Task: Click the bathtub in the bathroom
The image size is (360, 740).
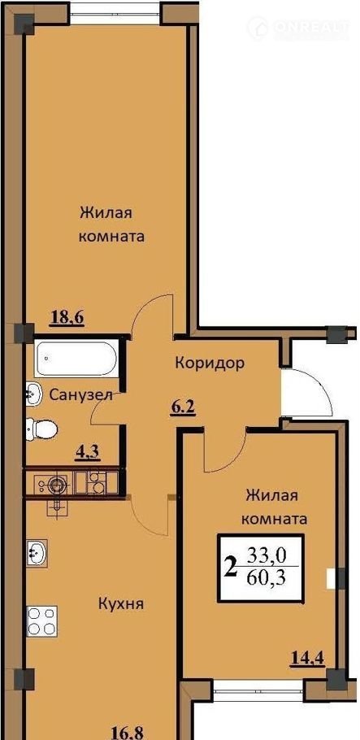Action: (75, 358)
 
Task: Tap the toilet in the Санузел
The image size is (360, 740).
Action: (41, 429)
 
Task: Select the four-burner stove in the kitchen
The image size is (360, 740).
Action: (42, 621)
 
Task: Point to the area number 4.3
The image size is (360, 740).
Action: (87, 453)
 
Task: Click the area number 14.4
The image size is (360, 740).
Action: (308, 656)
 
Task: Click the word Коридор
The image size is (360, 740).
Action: (210, 363)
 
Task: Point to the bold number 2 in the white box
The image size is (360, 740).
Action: (231, 567)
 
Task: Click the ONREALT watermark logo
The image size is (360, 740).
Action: (298, 28)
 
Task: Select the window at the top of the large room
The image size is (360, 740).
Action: (115, 13)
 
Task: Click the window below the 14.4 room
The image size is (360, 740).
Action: (259, 692)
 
